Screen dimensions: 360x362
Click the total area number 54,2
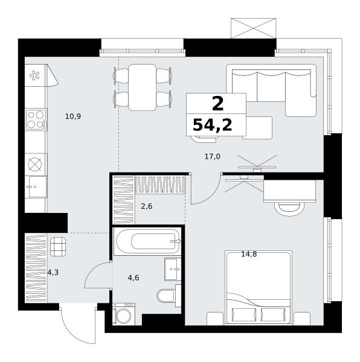(213, 125)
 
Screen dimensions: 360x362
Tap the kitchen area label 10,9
(73, 116)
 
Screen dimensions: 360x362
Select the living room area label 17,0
(213, 157)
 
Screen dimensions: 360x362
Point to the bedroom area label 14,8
(249, 255)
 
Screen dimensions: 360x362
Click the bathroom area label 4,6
(133, 278)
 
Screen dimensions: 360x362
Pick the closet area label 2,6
(147, 206)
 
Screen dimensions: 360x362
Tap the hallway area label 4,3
(53, 273)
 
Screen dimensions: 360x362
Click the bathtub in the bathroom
(147, 242)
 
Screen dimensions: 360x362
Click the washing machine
(124, 314)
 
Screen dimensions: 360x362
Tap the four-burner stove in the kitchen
(36, 119)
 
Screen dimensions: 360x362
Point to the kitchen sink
(36, 187)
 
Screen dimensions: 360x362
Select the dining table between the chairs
(143, 87)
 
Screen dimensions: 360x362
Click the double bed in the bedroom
(259, 288)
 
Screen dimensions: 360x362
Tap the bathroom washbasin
(173, 269)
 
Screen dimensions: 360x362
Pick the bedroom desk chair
(289, 209)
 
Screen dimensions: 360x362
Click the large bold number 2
(217, 104)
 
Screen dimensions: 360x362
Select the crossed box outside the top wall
(254, 28)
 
